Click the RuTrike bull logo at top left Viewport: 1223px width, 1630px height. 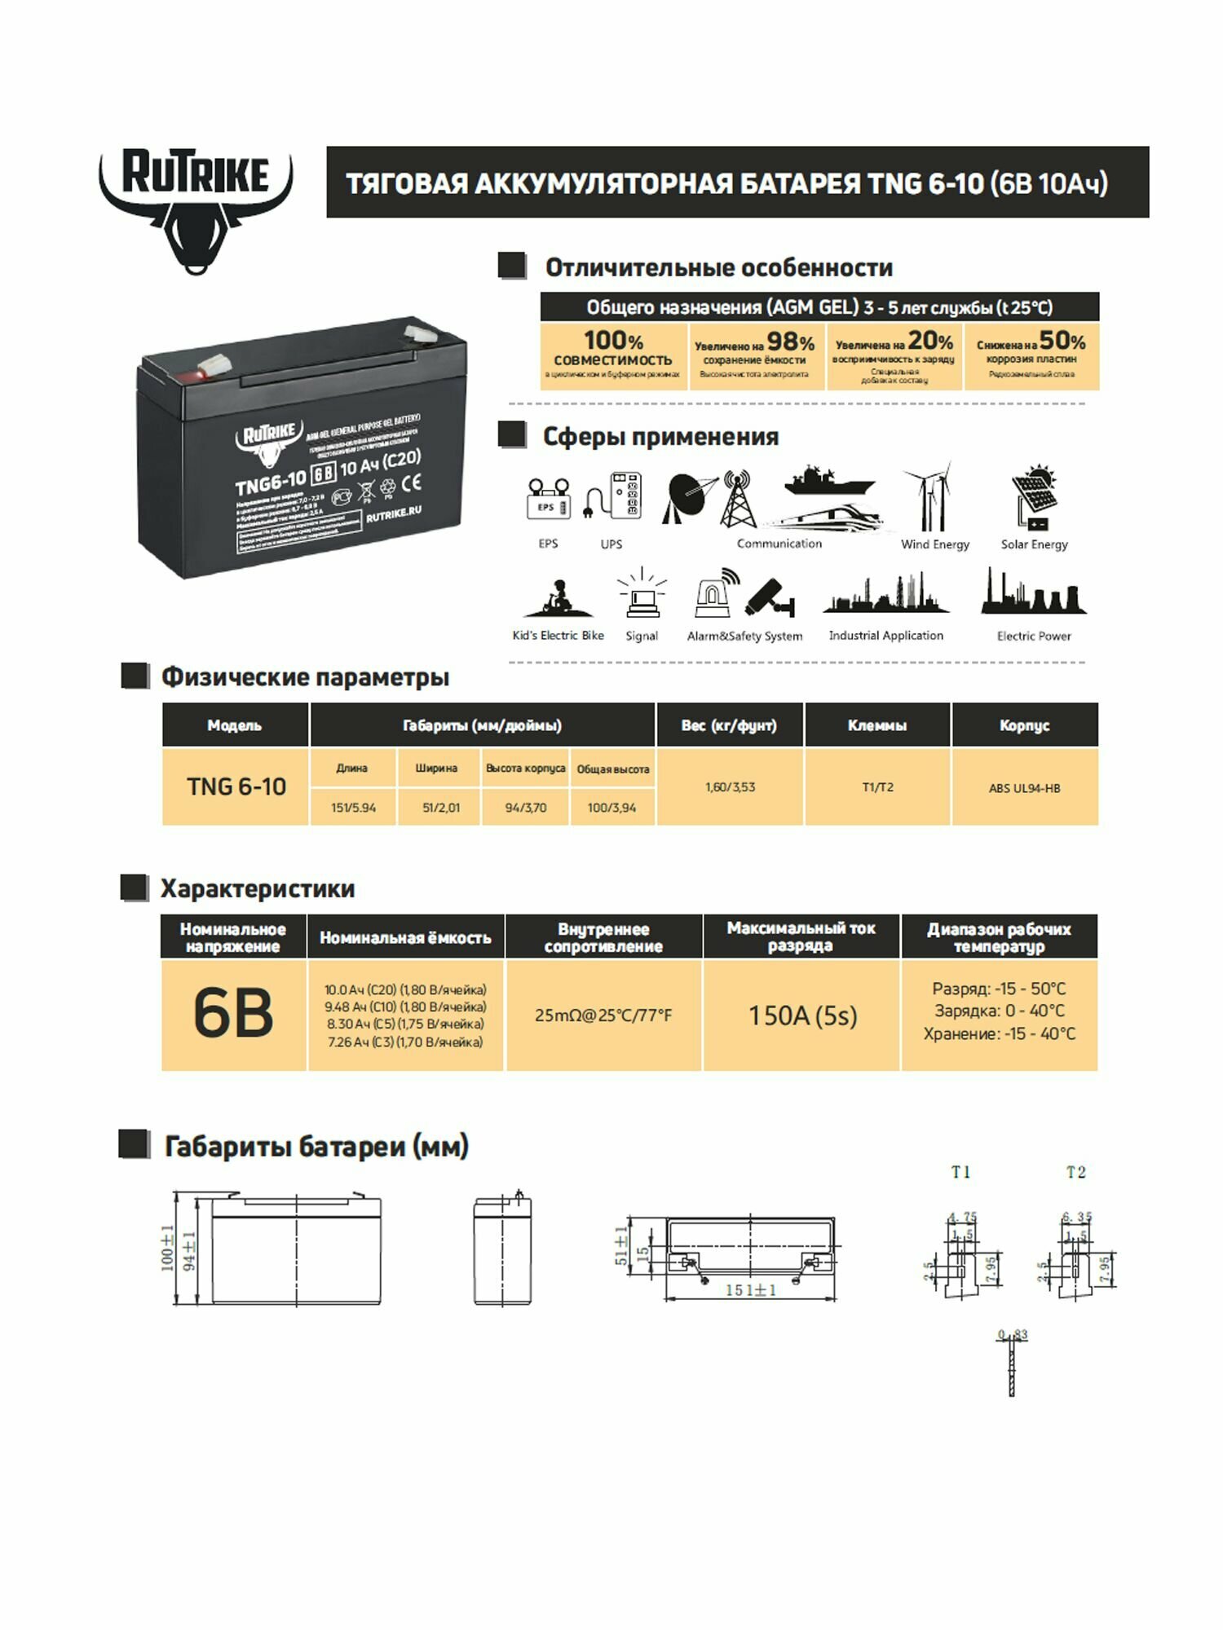click(x=196, y=208)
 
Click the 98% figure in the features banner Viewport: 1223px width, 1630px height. click(x=790, y=342)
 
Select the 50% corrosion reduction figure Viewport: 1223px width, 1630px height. click(x=1062, y=341)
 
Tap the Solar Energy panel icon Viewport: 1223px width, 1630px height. click(x=1033, y=497)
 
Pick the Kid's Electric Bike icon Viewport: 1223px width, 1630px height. click(x=558, y=599)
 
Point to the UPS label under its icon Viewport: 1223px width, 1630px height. click(x=611, y=544)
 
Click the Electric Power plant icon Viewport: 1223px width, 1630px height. click(x=1033, y=593)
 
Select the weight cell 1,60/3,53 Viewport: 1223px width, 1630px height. click(x=730, y=787)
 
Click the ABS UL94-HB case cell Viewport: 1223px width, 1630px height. click(x=1024, y=788)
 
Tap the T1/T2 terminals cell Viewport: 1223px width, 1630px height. click(x=877, y=787)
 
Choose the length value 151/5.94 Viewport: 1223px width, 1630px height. click(x=353, y=808)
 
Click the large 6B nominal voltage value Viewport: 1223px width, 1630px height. click(x=233, y=1014)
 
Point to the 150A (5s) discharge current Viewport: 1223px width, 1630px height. click(x=802, y=1015)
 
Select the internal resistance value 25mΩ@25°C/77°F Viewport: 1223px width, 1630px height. click(x=603, y=1015)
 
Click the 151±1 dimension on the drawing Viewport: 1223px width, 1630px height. click(x=751, y=1290)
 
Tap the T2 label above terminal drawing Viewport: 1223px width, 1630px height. click(x=1075, y=1172)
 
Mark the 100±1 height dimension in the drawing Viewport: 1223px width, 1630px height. click(x=167, y=1247)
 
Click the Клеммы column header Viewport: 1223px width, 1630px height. click(x=877, y=725)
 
